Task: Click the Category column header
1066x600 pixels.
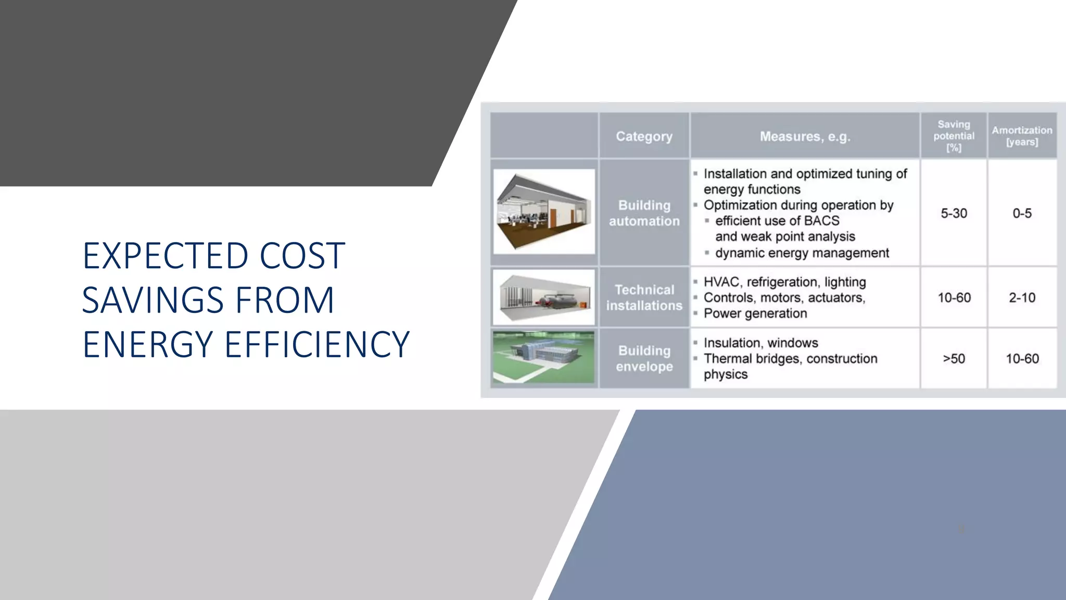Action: coord(644,136)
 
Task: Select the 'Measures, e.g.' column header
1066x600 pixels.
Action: coord(805,136)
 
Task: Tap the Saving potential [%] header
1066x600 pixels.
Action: coord(954,136)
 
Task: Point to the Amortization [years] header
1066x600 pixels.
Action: coord(1022,136)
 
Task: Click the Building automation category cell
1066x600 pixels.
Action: coord(644,213)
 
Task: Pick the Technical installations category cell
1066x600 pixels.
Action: coord(644,297)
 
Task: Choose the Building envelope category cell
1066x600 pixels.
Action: coord(644,358)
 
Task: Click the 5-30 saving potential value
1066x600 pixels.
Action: coord(954,213)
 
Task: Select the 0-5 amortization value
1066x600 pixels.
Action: coord(1022,213)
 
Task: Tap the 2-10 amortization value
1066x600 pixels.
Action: coord(1022,297)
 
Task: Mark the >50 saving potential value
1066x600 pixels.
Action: coord(954,358)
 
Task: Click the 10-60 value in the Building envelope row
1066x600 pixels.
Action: coord(1022,358)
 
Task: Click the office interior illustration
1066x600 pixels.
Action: coord(544,211)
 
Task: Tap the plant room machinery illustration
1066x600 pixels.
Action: coord(544,297)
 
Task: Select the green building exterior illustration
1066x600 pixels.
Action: coord(544,357)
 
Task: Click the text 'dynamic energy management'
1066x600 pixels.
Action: coord(802,253)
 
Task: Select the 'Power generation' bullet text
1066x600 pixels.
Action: coord(755,314)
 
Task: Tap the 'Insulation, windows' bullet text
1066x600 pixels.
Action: coord(760,343)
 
